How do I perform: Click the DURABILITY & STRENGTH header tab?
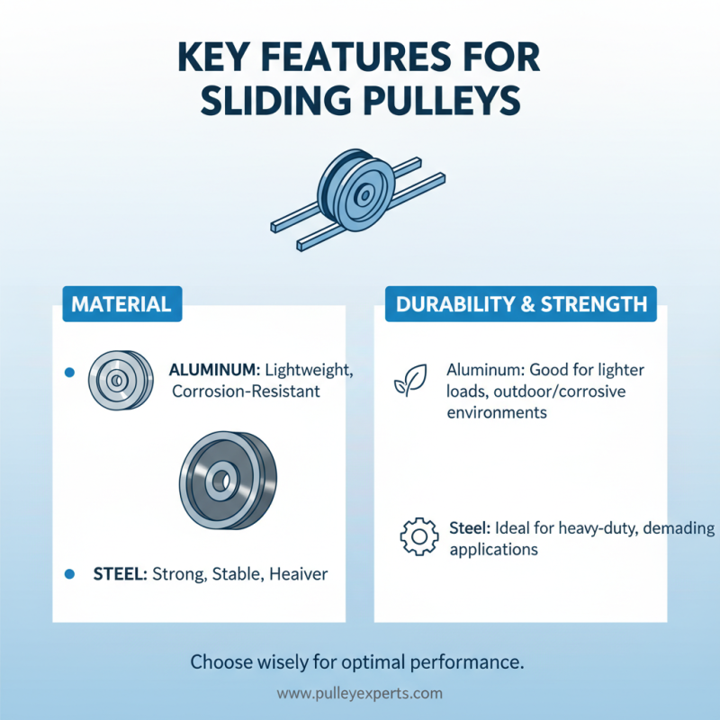pos(522,304)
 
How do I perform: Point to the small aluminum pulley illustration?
pos(117,380)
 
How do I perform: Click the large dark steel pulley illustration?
pos(228,478)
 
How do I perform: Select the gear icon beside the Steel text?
pos(418,537)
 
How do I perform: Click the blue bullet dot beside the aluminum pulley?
pos(69,373)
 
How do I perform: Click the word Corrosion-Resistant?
pos(246,391)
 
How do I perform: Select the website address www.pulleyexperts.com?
pos(360,694)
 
